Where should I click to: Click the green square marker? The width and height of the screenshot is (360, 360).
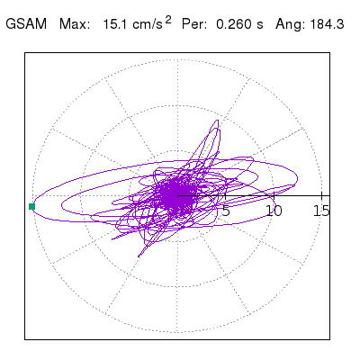click(31, 206)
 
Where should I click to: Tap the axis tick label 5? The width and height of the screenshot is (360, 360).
click(226, 211)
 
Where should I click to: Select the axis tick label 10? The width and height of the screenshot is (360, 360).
click(274, 211)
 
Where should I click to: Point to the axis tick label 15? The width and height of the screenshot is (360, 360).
click(321, 211)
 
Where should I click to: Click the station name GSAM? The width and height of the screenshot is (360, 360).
click(26, 24)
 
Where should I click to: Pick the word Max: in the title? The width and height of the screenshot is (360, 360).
click(75, 24)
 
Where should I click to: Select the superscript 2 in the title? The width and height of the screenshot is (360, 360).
click(168, 20)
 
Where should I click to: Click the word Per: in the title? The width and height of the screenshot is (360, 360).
click(194, 24)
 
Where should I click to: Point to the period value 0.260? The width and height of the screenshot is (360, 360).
click(233, 24)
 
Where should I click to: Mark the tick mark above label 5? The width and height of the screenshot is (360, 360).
click(225, 195)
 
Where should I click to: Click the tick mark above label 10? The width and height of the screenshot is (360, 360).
click(274, 195)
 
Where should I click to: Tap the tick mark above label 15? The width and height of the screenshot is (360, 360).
click(321, 195)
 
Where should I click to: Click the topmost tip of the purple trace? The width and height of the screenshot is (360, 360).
click(218, 121)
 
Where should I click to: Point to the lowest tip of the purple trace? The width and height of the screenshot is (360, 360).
click(139, 256)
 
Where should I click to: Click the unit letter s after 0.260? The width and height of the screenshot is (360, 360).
click(260, 25)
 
